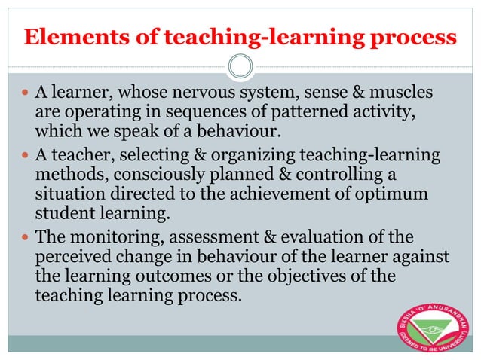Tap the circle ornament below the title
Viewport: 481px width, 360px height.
tap(240, 66)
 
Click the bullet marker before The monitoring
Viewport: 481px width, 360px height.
tap(26, 237)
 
